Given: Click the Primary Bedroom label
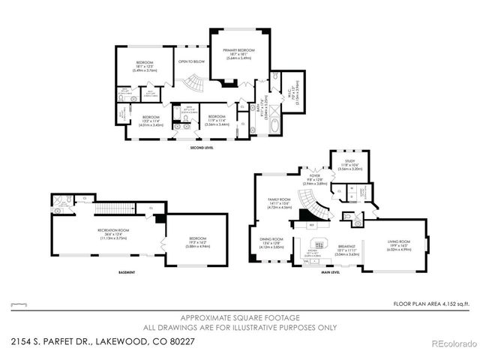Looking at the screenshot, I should pyautogui.click(x=238, y=52).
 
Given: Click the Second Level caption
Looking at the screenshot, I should pyautogui.click(x=205, y=148).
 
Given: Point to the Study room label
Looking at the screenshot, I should pyautogui.click(x=349, y=163).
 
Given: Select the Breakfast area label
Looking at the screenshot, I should pyautogui.click(x=347, y=247).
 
